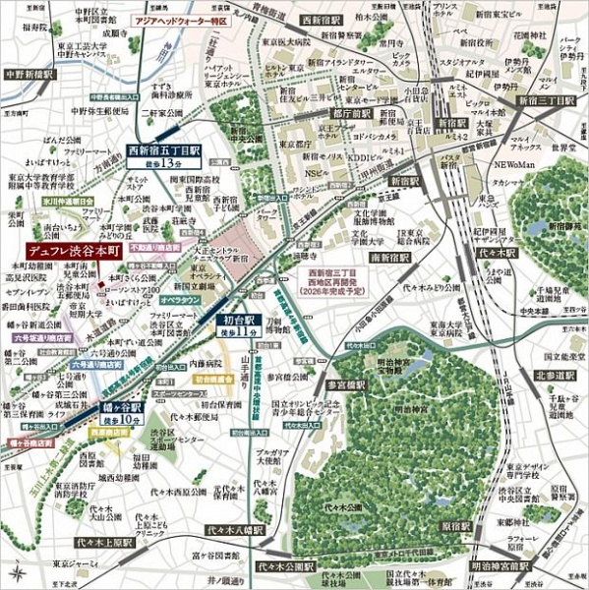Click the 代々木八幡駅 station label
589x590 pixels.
235,529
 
